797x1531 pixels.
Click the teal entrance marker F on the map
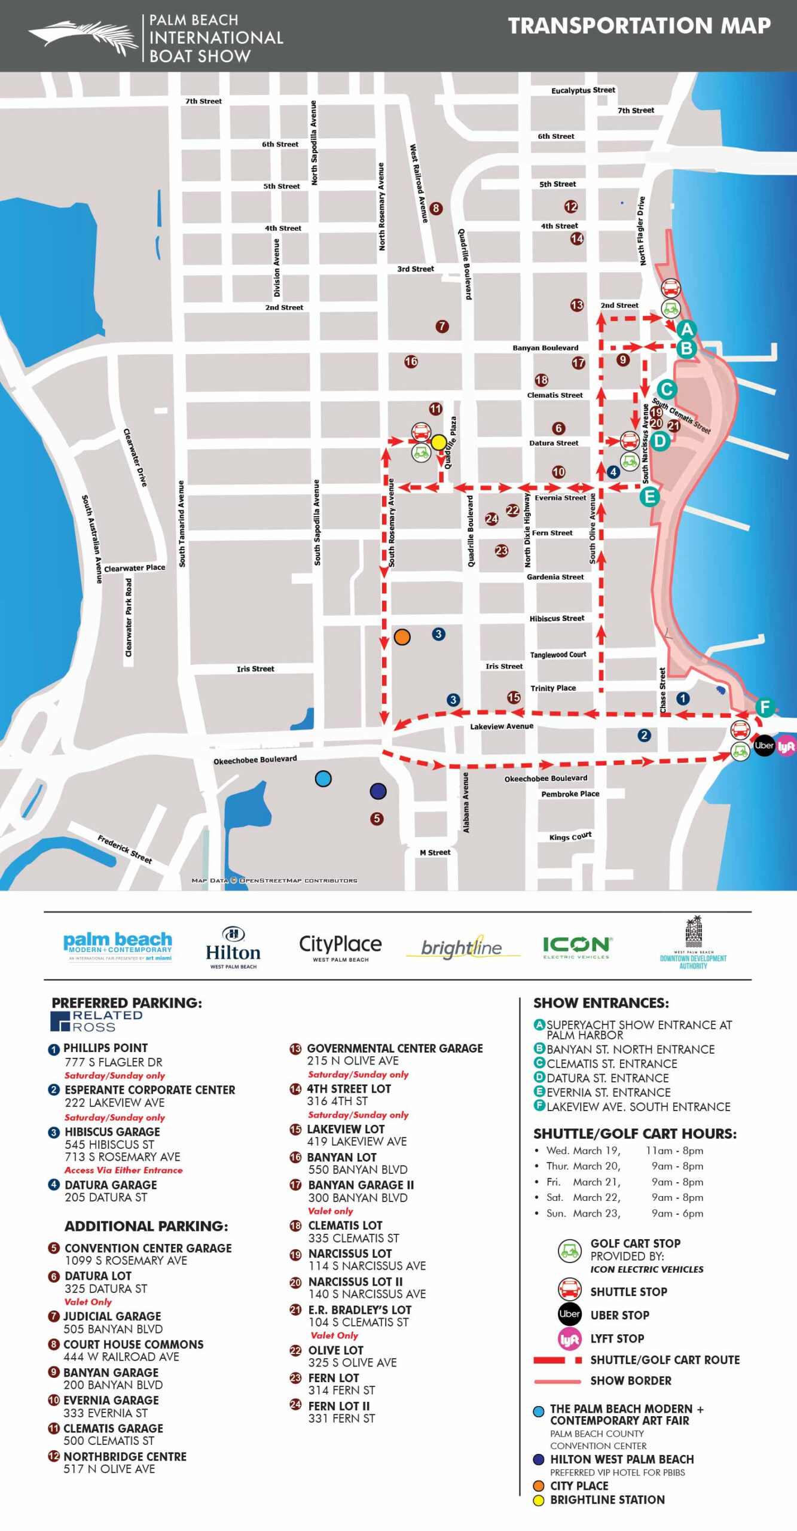tap(765, 707)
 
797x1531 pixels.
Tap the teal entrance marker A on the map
tap(686, 329)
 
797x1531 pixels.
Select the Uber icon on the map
tap(764, 745)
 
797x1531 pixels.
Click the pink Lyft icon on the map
tap(786, 746)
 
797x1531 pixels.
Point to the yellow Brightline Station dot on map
tap(439, 442)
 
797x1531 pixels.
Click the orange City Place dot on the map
tap(402, 637)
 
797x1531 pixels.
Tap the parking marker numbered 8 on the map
tap(436, 208)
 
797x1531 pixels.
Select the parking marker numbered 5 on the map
tap(377, 818)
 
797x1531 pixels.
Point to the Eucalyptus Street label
tap(583, 90)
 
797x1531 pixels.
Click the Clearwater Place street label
tap(135, 568)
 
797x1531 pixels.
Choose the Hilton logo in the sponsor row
tap(233, 947)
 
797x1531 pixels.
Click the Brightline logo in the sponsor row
tap(462, 947)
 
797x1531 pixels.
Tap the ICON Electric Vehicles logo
tap(576, 947)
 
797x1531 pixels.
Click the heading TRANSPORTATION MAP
tap(639, 26)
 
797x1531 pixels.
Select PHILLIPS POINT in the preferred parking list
tap(105, 1048)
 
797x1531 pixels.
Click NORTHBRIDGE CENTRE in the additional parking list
tap(125, 1456)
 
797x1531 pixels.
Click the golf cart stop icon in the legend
tap(569, 1251)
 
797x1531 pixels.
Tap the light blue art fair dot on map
tap(323, 779)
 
